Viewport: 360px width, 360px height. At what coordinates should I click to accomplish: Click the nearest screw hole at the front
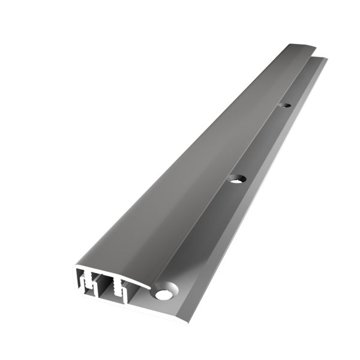coord(163,294)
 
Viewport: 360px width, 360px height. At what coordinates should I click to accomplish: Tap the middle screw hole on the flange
coord(238,178)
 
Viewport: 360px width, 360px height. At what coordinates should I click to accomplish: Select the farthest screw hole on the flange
coord(286,106)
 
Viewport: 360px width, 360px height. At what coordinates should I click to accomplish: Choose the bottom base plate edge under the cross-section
coord(120,305)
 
